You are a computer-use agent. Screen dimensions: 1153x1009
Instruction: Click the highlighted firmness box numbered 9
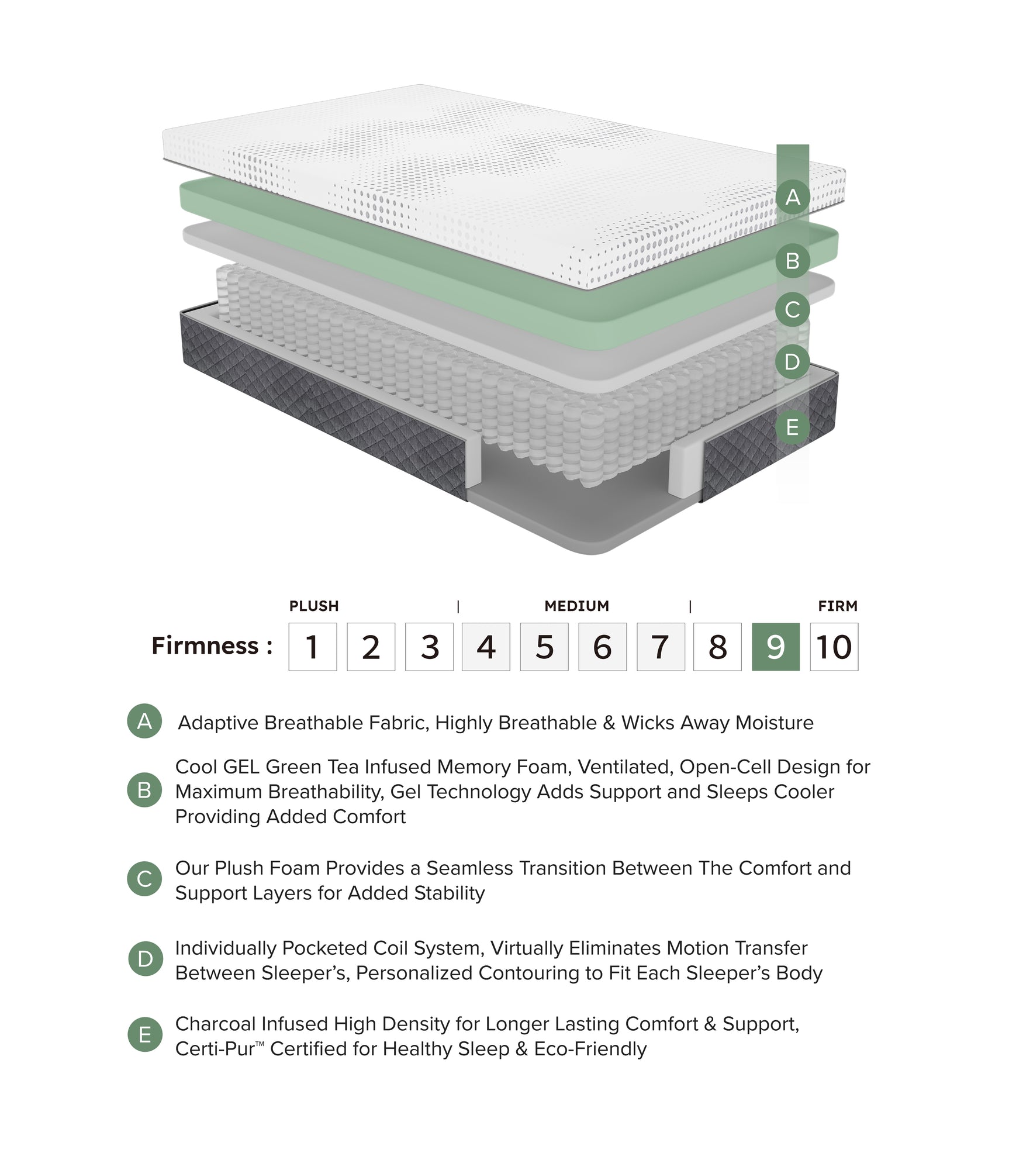pyautogui.click(x=775, y=647)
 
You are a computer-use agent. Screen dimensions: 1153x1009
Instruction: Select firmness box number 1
pyautogui.click(x=312, y=647)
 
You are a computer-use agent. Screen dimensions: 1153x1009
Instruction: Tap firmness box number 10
pyautogui.click(x=834, y=647)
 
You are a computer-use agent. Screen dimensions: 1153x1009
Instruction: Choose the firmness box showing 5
pyautogui.click(x=544, y=647)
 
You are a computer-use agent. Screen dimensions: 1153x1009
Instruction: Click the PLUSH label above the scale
pyautogui.click(x=314, y=606)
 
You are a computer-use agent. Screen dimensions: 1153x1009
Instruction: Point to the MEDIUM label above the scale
pyautogui.click(x=576, y=606)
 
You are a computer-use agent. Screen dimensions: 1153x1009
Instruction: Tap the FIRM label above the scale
pyautogui.click(x=837, y=606)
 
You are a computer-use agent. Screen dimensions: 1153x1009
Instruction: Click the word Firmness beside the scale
pyautogui.click(x=205, y=645)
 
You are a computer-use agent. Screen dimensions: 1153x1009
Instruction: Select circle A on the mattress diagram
pyautogui.click(x=792, y=197)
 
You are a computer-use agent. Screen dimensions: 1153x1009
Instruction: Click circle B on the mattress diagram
pyautogui.click(x=792, y=261)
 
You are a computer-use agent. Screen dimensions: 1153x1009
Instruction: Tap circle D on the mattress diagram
pyautogui.click(x=792, y=362)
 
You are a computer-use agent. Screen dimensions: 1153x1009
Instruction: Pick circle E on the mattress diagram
pyautogui.click(x=792, y=427)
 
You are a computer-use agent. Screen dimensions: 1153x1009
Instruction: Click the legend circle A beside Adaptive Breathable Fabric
pyautogui.click(x=144, y=721)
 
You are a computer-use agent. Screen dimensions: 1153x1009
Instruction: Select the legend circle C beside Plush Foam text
pyautogui.click(x=144, y=879)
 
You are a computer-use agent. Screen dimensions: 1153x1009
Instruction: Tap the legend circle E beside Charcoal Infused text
pyautogui.click(x=144, y=1035)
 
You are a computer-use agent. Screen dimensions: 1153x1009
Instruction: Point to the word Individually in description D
pyautogui.click(x=226, y=948)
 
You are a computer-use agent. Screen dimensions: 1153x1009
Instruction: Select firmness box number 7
pyautogui.click(x=660, y=647)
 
